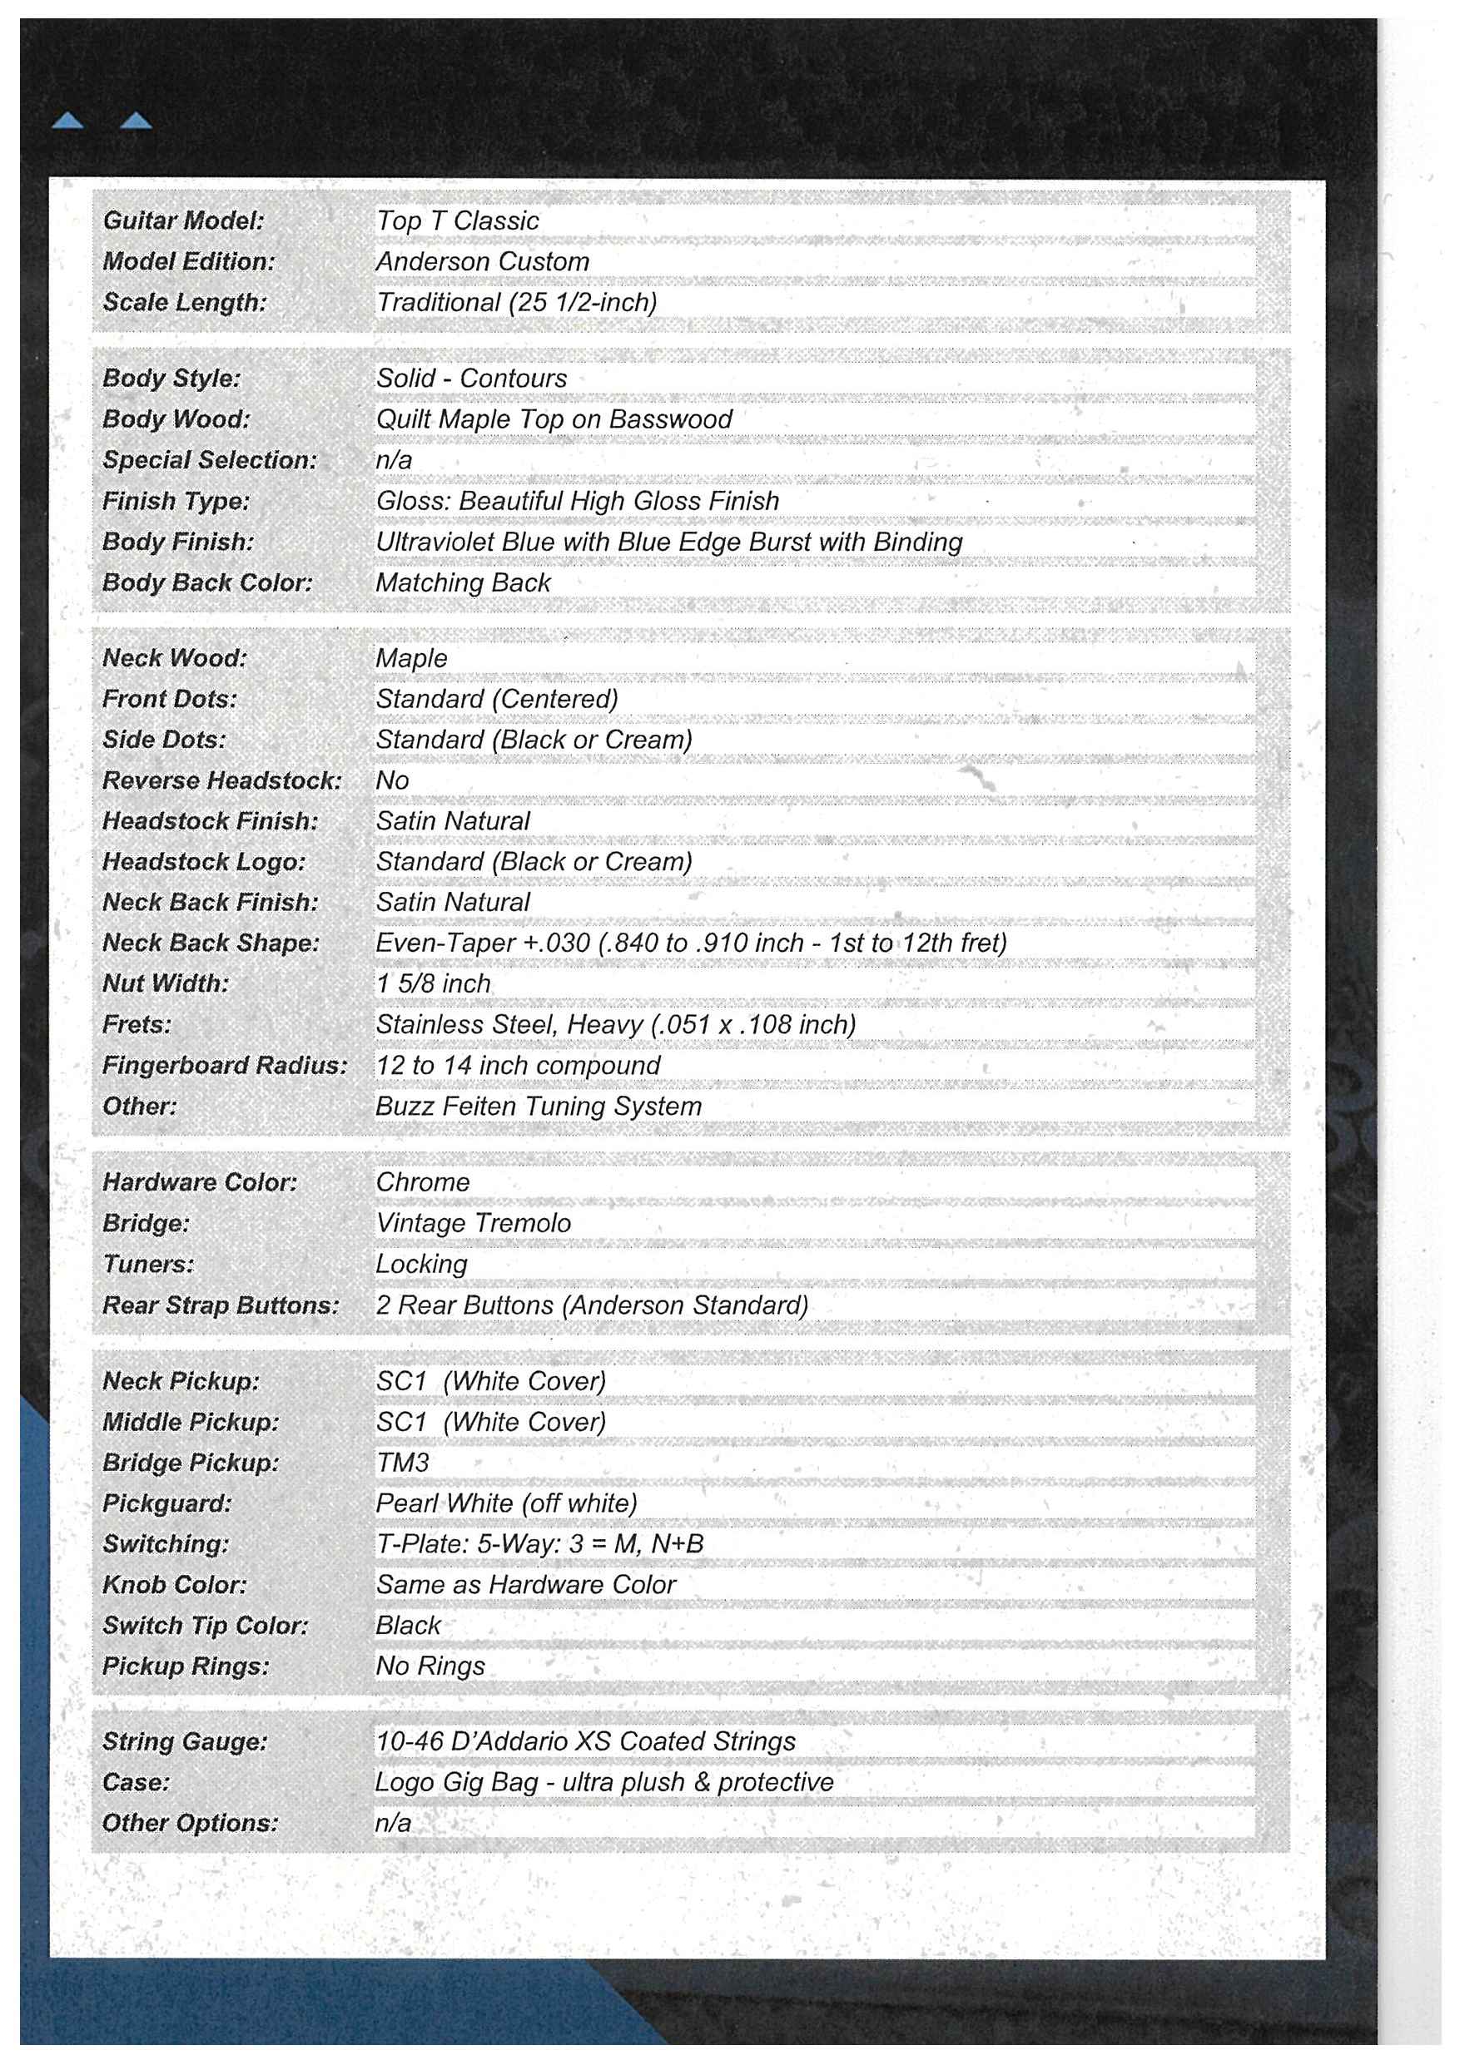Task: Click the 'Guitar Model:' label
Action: click(x=182, y=220)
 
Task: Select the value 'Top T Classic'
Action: click(x=457, y=220)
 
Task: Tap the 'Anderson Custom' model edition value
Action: click(x=482, y=262)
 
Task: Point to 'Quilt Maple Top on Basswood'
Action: click(x=554, y=419)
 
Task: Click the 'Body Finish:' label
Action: click(x=178, y=542)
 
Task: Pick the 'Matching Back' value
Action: click(x=462, y=582)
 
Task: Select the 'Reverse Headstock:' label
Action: click(x=221, y=780)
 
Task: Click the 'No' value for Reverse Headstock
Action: click(x=392, y=780)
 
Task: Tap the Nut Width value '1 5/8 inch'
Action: click(x=433, y=983)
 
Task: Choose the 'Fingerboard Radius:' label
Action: click(x=224, y=1065)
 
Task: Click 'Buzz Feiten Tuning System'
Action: click(x=538, y=1107)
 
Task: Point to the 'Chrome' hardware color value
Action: click(x=422, y=1181)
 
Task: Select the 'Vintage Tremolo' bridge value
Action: click(x=473, y=1223)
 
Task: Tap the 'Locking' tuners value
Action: click(x=421, y=1264)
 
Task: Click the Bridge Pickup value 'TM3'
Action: click(x=402, y=1463)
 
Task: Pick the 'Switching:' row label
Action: click(x=166, y=1543)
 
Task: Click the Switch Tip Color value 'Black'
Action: click(x=408, y=1625)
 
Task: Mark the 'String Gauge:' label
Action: click(x=185, y=1741)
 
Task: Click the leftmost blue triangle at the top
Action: click(x=67, y=121)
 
